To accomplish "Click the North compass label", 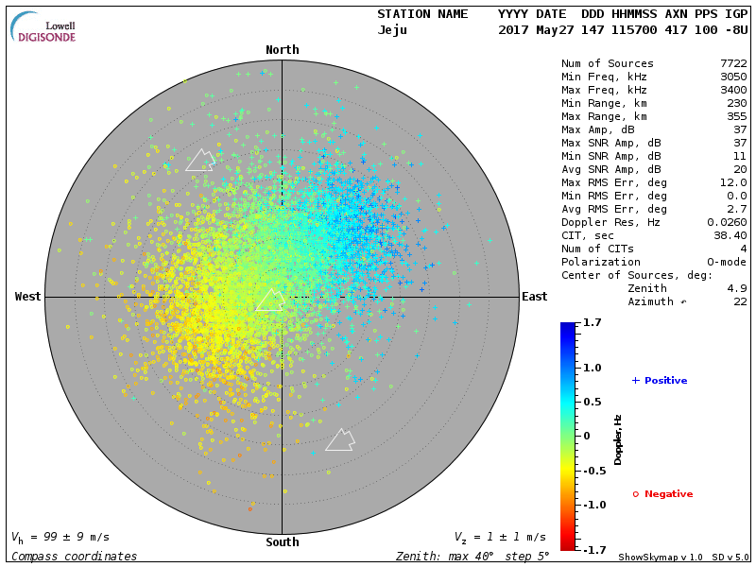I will tap(282, 50).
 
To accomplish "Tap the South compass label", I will tap(282, 542).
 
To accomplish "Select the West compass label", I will tap(28, 297).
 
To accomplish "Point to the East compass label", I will tap(534, 297).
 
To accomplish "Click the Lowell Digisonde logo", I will tap(44, 28).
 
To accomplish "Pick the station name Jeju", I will tap(392, 30).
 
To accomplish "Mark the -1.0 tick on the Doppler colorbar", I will tap(592, 505).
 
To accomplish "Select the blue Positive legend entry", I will tap(660, 381).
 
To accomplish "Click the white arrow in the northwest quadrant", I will tap(200, 160).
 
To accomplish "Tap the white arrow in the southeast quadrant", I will tap(340, 439).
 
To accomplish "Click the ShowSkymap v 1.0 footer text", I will tap(655, 558).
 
